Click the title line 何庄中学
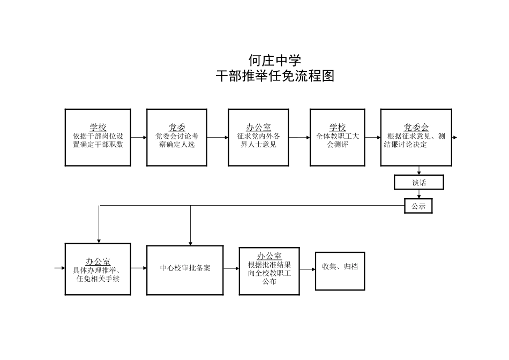275,59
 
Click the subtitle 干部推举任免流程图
275,76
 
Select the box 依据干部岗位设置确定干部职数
98,138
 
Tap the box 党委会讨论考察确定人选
177,138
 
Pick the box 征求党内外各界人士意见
258,138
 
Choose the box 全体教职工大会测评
337,138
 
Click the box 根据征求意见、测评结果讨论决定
416,138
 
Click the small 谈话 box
418,183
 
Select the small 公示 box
418,206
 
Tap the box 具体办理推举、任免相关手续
98,269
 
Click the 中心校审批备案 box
185,270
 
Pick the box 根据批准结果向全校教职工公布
269,271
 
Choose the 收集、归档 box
339,271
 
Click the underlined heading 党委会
416,127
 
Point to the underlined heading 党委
177,127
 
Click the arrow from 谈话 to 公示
418,194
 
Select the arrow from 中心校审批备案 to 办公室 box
231,268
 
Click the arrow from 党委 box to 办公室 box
218,138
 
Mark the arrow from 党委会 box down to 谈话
418,170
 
